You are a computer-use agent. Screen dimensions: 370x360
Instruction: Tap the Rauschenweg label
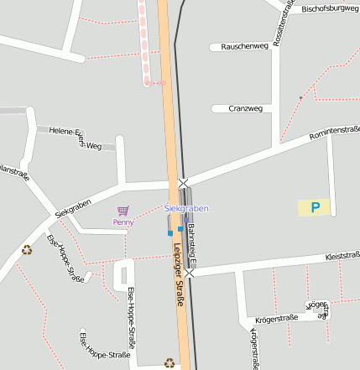[x=244, y=46]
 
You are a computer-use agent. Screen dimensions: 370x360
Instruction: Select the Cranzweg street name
[x=246, y=108]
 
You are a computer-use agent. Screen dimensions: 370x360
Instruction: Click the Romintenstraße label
[x=334, y=133]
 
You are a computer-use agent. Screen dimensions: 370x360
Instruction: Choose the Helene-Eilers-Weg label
[x=75, y=137]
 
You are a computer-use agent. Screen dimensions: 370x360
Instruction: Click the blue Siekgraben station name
[x=185, y=208]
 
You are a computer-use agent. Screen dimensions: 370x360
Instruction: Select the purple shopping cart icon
[x=123, y=211]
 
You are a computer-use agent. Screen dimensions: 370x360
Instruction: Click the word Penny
[x=123, y=222]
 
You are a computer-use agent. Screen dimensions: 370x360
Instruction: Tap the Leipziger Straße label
[x=177, y=264]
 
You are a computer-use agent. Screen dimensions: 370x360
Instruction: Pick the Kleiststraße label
[x=342, y=255]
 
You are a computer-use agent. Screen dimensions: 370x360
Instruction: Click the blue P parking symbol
[x=315, y=207]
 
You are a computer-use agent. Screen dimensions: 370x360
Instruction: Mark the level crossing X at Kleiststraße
[x=190, y=273]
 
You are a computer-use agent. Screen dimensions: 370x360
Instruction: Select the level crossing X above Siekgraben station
[x=183, y=183]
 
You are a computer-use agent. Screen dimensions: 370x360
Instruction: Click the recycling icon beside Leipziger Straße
[x=170, y=363]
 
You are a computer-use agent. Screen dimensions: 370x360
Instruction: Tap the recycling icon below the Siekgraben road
[x=27, y=248]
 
